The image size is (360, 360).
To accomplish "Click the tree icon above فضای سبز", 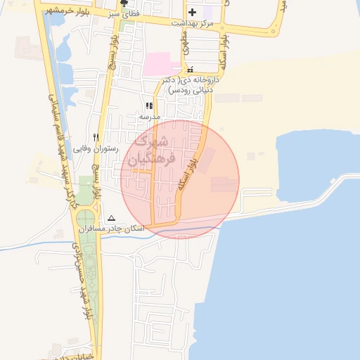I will (x=124, y=3).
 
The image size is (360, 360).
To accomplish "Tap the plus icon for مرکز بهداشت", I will (x=191, y=12).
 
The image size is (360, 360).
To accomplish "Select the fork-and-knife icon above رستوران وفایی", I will (x=96, y=138).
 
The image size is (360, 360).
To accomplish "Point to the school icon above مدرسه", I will (x=149, y=105).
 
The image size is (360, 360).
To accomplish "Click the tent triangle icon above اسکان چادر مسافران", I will (x=111, y=218).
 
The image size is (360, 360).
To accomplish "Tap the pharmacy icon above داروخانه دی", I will (x=191, y=70).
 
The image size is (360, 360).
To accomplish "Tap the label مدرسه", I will (x=149, y=116).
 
